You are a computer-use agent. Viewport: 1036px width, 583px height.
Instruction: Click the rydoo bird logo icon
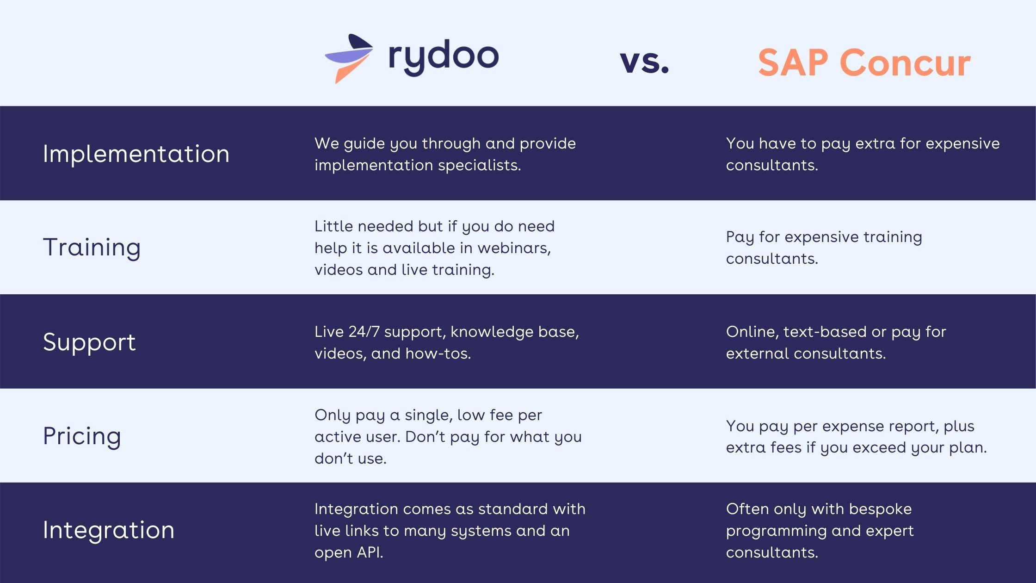pyautogui.click(x=350, y=58)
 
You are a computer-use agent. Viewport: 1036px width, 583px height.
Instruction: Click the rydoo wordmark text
pyautogui.click(x=444, y=57)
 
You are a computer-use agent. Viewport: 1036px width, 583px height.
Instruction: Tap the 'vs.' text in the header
pyautogui.click(x=644, y=62)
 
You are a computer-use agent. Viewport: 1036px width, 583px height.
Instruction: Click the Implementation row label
pyautogui.click(x=136, y=154)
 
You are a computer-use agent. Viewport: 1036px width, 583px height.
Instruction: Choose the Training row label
pyautogui.click(x=92, y=248)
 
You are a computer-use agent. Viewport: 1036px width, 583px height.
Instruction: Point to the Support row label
pyautogui.click(x=89, y=342)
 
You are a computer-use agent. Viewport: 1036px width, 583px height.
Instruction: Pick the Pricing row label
pyautogui.click(x=82, y=436)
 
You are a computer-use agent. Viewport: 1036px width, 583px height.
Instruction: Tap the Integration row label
pyautogui.click(x=109, y=530)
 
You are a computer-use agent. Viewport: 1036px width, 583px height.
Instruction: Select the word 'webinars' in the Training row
pyautogui.click(x=514, y=248)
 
